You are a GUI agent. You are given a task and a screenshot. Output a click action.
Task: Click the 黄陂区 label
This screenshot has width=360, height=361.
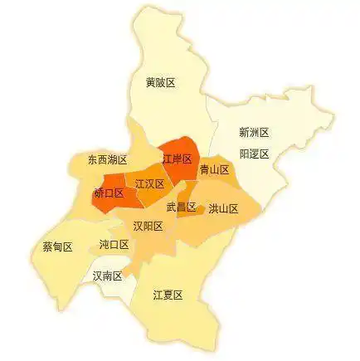coord(160,82)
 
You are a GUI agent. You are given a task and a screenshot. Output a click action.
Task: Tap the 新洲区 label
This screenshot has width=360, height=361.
coord(254,132)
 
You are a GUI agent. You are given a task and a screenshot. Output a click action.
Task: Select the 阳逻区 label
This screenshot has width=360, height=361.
coord(254,154)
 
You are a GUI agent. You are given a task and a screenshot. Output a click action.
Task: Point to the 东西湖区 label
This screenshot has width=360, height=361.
coord(108,159)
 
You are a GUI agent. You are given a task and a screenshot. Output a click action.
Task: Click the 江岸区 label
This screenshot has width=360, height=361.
coord(177,159)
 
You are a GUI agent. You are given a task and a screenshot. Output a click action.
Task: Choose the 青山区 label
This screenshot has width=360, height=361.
coord(214,169)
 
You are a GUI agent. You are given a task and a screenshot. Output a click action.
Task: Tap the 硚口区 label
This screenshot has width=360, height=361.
coord(109,193)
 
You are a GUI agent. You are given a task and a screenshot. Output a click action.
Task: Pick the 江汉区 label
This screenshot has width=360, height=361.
coord(149,184)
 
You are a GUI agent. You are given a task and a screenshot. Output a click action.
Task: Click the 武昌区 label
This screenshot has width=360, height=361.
coord(181,207)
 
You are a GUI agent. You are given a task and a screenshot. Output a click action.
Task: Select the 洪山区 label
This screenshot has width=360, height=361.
coord(223,209)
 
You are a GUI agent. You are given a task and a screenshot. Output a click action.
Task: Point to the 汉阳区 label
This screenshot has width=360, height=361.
coord(148,226)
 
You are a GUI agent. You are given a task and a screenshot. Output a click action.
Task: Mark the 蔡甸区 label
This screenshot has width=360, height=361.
coord(57,247)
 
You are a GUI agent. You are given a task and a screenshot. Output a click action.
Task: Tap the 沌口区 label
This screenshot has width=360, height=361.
coord(114,245)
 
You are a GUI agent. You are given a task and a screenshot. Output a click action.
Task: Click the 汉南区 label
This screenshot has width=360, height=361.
coord(108,275)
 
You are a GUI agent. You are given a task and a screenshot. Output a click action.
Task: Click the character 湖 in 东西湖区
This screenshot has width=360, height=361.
coord(113,159)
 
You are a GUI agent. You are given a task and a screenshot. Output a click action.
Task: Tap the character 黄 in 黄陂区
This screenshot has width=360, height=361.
coord(150,82)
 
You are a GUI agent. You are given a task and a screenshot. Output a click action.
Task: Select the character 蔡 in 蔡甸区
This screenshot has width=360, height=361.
coord(47,247)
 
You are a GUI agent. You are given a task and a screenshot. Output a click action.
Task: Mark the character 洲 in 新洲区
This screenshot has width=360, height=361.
coord(254,132)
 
